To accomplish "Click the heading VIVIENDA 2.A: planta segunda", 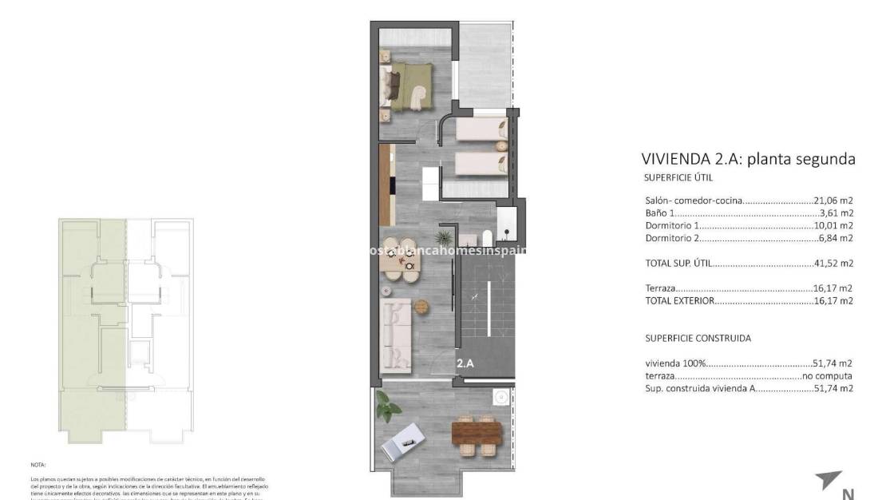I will point(748,159).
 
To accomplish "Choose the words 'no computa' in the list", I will point(829,375).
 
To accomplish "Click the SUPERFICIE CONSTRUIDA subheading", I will point(697,338).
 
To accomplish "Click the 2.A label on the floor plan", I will point(465,363).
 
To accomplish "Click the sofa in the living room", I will point(397,335).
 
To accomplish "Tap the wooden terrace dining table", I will point(477,433).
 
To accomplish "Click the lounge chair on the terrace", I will point(404,440).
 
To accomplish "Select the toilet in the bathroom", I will point(486,236).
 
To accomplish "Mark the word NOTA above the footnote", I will point(61,464).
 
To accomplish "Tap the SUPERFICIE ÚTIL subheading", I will point(678,178).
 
